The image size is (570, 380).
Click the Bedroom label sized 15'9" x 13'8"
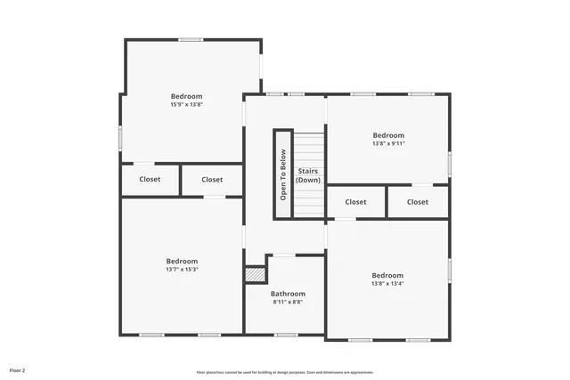click(187, 96)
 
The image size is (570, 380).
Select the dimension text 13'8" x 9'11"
click(388, 143)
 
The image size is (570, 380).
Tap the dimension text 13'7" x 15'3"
click(181, 269)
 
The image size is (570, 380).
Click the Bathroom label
click(288, 294)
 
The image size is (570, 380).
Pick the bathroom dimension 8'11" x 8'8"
click(288, 302)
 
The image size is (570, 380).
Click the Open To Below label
click(283, 175)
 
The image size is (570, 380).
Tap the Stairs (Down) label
click(308, 175)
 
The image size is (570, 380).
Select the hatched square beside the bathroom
click(256, 275)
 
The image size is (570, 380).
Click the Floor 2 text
click(18, 369)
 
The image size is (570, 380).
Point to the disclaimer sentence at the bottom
click(285, 372)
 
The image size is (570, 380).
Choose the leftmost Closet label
click(150, 180)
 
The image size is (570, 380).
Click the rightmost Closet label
click(418, 202)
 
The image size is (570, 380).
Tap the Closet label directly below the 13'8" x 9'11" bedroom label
click(355, 202)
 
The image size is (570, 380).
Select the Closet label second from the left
click(212, 180)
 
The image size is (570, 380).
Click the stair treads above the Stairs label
click(308, 147)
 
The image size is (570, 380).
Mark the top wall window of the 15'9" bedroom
click(190, 39)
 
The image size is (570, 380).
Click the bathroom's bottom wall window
click(285, 335)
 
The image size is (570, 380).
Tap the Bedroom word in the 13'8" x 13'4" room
click(387, 275)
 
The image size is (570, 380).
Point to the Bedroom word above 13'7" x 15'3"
click(181, 261)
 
